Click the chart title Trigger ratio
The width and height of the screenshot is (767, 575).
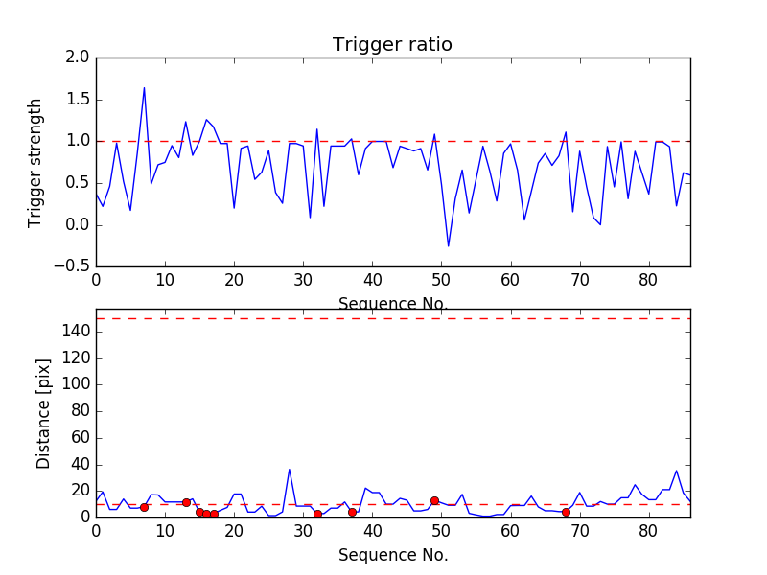[x=392, y=45]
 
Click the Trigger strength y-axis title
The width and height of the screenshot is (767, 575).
[x=35, y=162]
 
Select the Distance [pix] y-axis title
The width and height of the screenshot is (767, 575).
[x=44, y=412]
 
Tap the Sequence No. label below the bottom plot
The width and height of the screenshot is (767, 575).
[x=392, y=555]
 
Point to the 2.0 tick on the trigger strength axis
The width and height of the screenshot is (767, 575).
[x=79, y=57]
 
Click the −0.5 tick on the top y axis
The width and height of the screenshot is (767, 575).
[x=73, y=266]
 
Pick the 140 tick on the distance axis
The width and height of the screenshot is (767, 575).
[x=77, y=332]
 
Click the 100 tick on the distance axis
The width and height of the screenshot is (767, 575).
[x=77, y=384]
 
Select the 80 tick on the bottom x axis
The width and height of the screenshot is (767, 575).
[x=649, y=531]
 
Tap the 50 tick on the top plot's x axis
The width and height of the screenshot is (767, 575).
[x=441, y=281]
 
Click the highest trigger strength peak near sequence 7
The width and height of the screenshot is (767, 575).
[x=144, y=88]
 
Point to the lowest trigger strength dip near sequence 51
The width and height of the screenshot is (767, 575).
[x=448, y=246]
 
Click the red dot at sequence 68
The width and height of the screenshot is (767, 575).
[x=566, y=512]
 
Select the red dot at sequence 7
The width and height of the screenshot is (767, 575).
[x=144, y=507]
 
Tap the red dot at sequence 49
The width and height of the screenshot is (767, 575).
[x=434, y=500]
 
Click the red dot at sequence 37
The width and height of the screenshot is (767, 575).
[x=352, y=512]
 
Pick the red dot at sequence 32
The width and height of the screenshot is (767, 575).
[x=317, y=514]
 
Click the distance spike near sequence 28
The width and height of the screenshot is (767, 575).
[x=290, y=470]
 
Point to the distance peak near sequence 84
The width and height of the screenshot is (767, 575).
[x=677, y=471]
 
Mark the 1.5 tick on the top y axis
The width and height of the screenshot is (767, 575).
[x=79, y=100]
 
